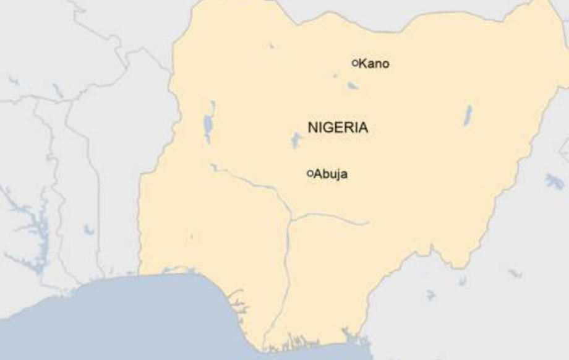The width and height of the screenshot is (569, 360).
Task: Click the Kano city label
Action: pos(374,64)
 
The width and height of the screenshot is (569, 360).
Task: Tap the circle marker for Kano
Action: pos(355,62)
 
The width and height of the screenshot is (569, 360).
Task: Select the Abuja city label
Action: pos(330,174)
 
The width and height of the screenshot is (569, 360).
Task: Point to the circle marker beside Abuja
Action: pos(310,173)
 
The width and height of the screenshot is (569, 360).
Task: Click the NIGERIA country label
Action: pos(338,128)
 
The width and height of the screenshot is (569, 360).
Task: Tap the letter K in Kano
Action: pos(362,64)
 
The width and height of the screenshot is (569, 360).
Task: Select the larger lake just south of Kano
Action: pos(352,86)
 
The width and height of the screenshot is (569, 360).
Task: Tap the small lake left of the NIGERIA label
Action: pos(296,140)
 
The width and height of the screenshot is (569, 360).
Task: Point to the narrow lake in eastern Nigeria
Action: pos(468,115)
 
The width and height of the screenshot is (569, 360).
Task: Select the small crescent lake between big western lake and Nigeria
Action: pos(88,229)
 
